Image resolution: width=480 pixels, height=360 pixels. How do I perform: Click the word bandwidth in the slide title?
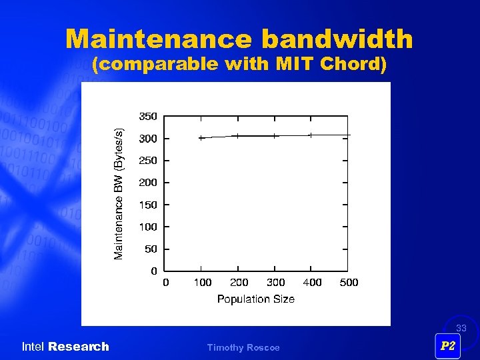pyautogui.click(x=337, y=39)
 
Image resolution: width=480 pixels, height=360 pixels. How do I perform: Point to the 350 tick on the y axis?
pyautogui.click(x=148, y=116)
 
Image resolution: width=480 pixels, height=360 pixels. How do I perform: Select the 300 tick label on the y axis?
pyautogui.click(x=148, y=139)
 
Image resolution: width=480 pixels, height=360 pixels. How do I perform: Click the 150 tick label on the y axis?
pyautogui.click(x=148, y=205)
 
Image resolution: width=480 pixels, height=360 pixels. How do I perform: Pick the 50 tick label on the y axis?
pyautogui.click(x=151, y=249)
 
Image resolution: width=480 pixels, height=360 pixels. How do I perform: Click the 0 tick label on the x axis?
pyautogui.click(x=166, y=283)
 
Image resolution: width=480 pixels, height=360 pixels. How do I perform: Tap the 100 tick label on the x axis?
pyautogui.click(x=202, y=283)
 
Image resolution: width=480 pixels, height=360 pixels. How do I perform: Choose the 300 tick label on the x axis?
pyautogui.click(x=275, y=283)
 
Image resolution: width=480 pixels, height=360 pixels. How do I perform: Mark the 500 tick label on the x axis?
pyautogui.click(x=349, y=283)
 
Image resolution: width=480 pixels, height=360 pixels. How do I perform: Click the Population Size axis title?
pyautogui.click(x=255, y=299)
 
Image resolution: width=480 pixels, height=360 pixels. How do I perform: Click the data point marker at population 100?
pyautogui.click(x=201, y=138)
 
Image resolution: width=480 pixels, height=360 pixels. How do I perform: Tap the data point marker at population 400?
pyautogui.click(x=310, y=135)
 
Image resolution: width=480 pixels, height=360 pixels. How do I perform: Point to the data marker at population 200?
pyautogui.click(x=238, y=136)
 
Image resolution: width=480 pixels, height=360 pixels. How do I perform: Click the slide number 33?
pyautogui.click(x=461, y=328)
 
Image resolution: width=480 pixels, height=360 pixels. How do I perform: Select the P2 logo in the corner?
pyautogui.click(x=448, y=346)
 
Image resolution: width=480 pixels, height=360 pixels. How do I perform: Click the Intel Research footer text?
pyautogui.click(x=65, y=347)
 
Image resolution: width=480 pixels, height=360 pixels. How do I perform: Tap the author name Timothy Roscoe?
pyautogui.click(x=243, y=347)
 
